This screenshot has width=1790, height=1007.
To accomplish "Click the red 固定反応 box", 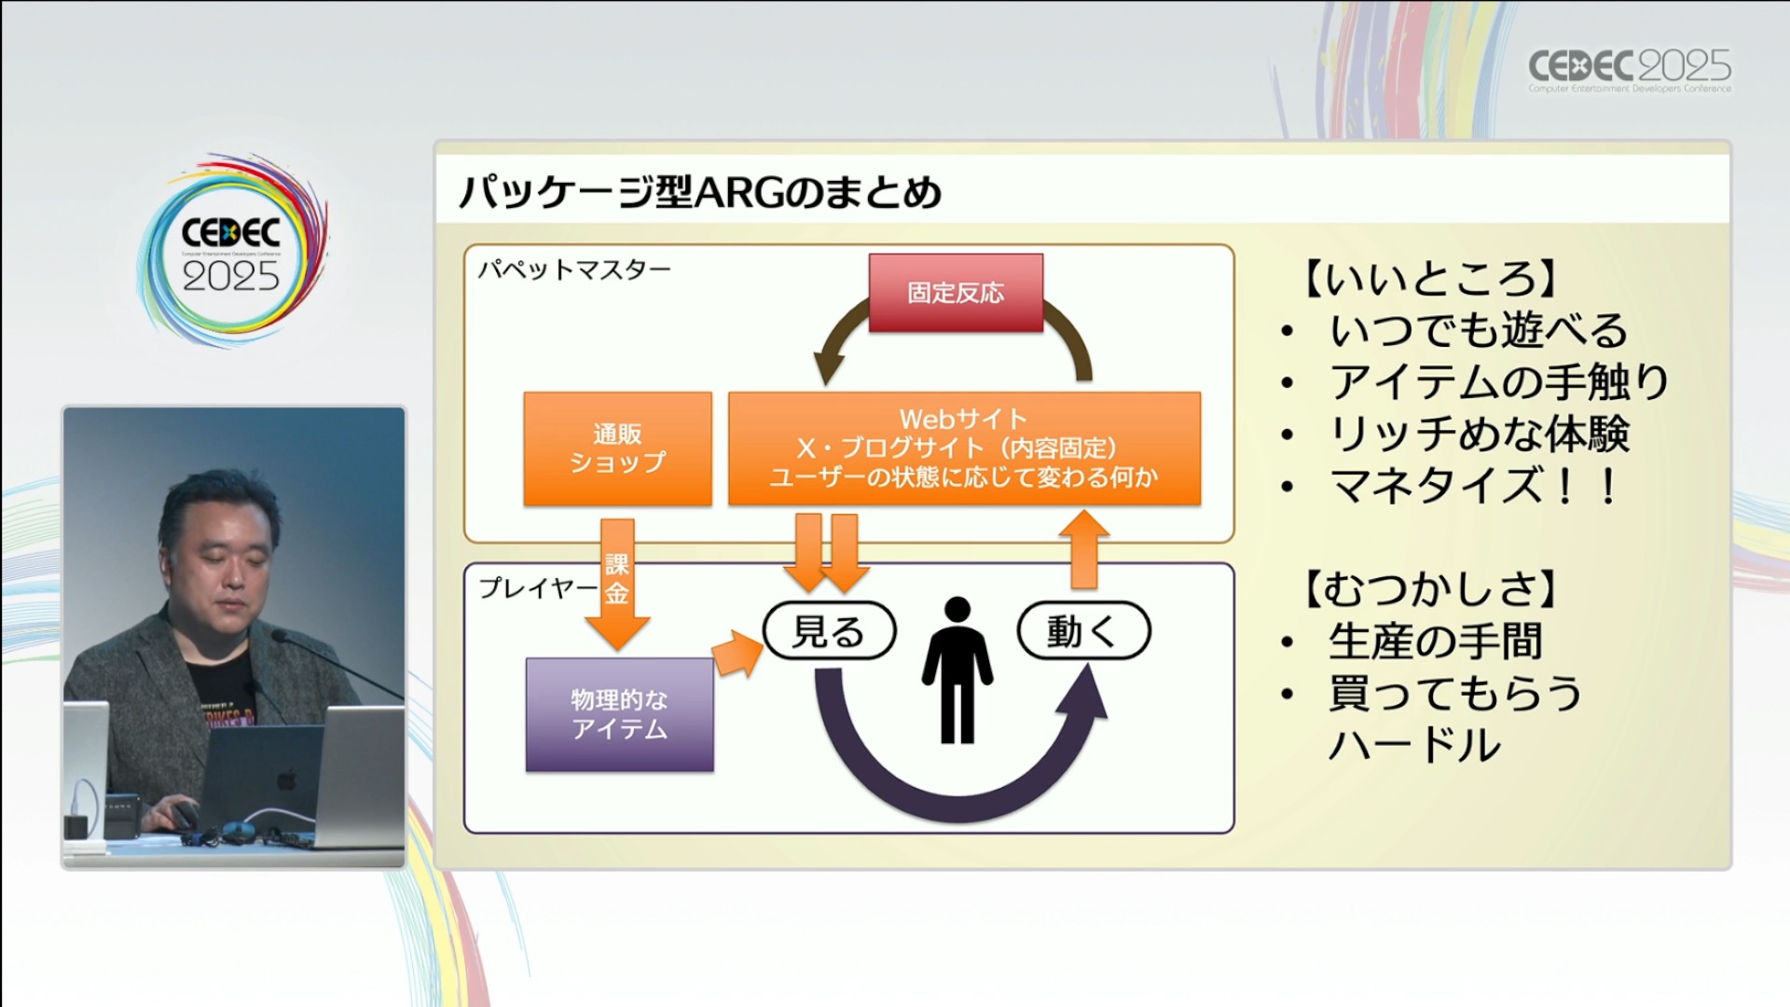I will coord(956,293).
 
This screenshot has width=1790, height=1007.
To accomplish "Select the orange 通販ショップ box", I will coord(617,448).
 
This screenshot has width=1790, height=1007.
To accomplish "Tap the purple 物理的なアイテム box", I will coord(620,714).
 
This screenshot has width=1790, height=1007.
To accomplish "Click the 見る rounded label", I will coord(829,631).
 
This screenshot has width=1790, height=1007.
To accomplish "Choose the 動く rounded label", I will coord(1083,631).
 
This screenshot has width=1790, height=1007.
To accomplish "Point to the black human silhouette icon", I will coord(957,670).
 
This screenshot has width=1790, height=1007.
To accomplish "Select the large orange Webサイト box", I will coord(964,448).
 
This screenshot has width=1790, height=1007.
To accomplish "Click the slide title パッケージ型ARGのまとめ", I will coord(700,192).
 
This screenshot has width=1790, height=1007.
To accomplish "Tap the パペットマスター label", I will coord(574,270).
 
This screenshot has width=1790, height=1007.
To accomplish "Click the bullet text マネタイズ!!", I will coord(1473,486).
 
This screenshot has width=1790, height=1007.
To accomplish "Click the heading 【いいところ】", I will coord(1426,278).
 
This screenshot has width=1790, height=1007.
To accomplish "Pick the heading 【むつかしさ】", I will coord(1426,589).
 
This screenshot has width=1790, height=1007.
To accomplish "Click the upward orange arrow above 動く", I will coord(1083,550).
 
